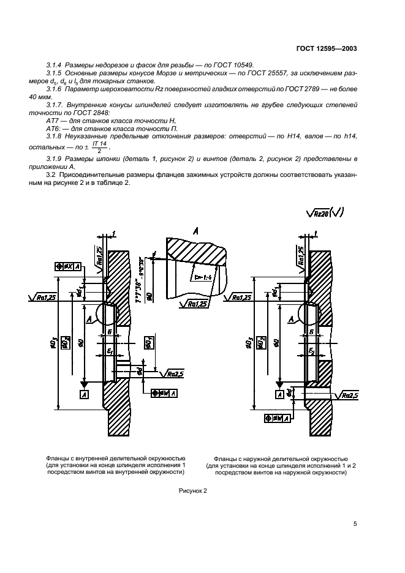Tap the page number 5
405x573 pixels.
pyautogui.click(x=355, y=523)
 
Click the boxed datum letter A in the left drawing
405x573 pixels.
pyautogui.click(x=83, y=396)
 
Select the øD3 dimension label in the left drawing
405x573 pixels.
pyautogui.click(x=55, y=344)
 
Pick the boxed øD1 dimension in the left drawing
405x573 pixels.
pyautogui.click(x=148, y=343)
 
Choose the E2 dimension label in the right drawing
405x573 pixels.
pyautogui.click(x=312, y=351)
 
